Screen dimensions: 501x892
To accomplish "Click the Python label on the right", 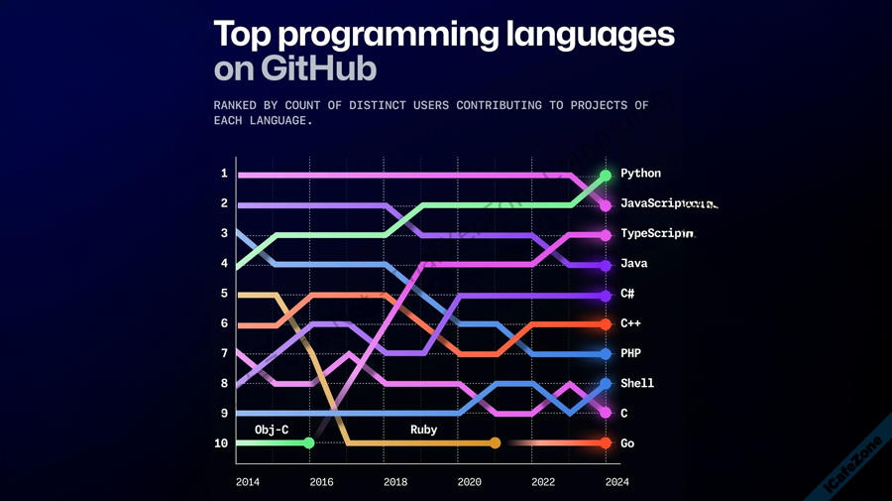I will pyautogui.click(x=640, y=174).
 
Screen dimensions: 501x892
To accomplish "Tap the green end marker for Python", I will pyautogui.click(x=606, y=176).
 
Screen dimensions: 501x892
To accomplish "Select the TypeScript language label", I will pyautogui.click(x=657, y=234).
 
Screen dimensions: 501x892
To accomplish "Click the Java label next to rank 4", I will pyautogui.click(x=633, y=264).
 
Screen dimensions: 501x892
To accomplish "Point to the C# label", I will pyautogui.click(x=627, y=294).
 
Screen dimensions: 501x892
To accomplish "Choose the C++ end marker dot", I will pyautogui.click(x=606, y=324).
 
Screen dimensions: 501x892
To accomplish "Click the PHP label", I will pyautogui.click(x=630, y=353).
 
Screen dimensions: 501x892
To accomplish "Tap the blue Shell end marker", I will pyautogui.click(x=606, y=384).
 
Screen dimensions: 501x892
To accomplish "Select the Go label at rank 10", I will pyautogui.click(x=627, y=443).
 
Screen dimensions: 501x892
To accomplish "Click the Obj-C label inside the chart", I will pyautogui.click(x=272, y=430).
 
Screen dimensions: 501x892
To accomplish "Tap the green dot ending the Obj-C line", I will pyautogui.click(x=309, y=443).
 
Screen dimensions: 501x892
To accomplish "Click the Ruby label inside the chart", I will pyautogui.click(x=423, y=430).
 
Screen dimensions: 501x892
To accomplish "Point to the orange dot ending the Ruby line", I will pyautogui.click(x=496, y=443).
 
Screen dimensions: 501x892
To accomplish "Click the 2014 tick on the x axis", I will pyautogui.click(x=248, y=482).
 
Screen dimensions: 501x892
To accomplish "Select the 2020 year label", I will pyautogui.click(x=470, y=482).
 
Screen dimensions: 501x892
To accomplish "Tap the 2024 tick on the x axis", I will pyautogui.click(x=617, y=482).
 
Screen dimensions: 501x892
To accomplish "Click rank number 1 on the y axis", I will pyautogui.click(x=224, y=174).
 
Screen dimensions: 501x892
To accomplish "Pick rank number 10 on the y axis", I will pyautogui.click(x=221, y=443).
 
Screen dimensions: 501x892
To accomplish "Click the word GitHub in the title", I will pyautogui.click(x=319, y=69).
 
